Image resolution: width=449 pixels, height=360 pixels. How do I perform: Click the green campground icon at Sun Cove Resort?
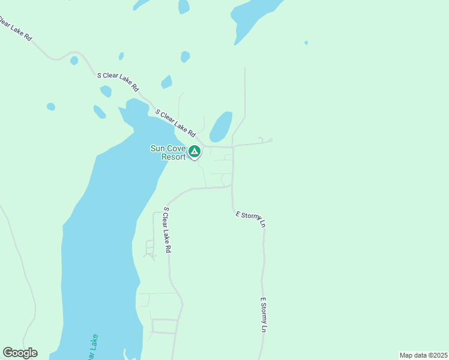tap(194, 151)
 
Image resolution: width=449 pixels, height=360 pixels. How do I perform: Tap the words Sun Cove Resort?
tap(169, 152)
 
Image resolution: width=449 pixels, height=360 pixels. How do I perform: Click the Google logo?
tap(20, 353)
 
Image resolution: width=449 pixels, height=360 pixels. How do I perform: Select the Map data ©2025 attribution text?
tap(423, 355)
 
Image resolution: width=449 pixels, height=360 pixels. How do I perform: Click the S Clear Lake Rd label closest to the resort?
tap(176, 122)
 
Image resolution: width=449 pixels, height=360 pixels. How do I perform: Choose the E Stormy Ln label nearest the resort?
tap(250, 219)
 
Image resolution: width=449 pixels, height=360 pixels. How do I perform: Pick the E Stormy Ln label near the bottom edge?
tap(263, 314)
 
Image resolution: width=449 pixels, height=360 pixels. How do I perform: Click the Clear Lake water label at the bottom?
tap(92, 347)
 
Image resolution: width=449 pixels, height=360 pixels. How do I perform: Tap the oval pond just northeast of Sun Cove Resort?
tap(221, 127)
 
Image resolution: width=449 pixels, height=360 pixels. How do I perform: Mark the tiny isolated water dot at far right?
tap(306, 43)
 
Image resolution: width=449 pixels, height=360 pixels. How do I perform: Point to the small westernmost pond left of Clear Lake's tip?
tap(51, 107)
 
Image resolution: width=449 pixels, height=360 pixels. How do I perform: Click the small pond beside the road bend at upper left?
tap(74, 61)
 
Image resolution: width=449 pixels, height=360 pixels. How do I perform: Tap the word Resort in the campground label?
tap(173, 157)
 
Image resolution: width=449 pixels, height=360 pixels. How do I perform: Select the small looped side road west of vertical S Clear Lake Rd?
tap(149, 248)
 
